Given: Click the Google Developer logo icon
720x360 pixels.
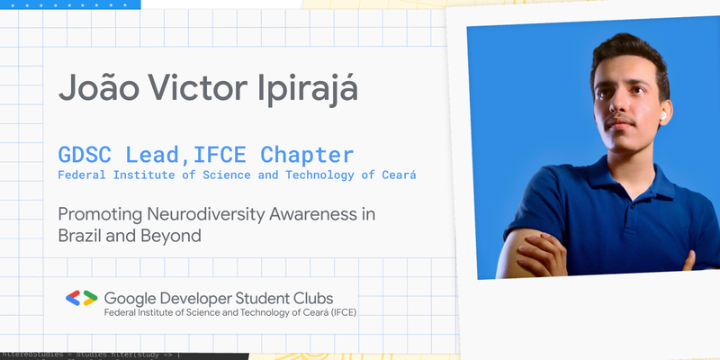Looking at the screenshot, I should pos(81,298).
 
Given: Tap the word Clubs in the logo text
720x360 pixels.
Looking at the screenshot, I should pos(310,298).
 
